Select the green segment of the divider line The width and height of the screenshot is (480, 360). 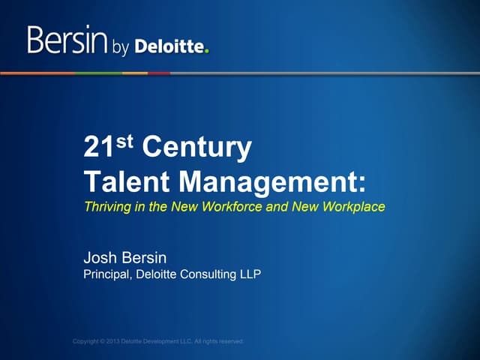click(x=90, y=73)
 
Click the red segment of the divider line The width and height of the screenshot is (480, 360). click(x=158, y=73)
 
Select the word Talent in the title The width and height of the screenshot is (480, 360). click(x=122, y=182)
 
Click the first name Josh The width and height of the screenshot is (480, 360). click(x=101, y=259)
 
